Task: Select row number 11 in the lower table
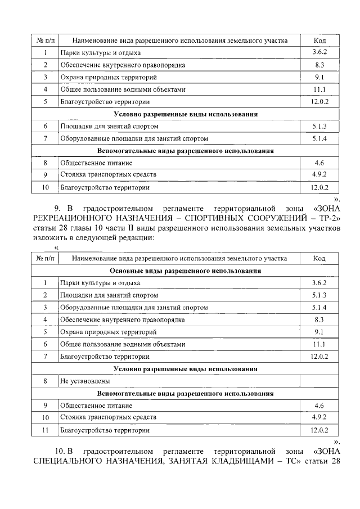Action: pyautogui.click(x=44, y=430)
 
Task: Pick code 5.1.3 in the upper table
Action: pyautogui.click(x=319, y=127)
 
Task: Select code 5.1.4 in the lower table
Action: pyautogui.click(x=319, y=308)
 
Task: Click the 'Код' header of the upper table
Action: pyautogui.click(x=319, y=40)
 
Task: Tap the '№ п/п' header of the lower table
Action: pyautogui.click(x=44, y=258)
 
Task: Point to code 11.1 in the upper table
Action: pyautogui.click(x=319, y=89)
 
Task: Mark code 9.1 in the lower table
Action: pyautogui.click(x=319, y=332)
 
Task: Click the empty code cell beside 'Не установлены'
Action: pyautogui.click(x=319, y=381)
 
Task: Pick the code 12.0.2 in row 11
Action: pyautogui.click(x=319, y=430)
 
